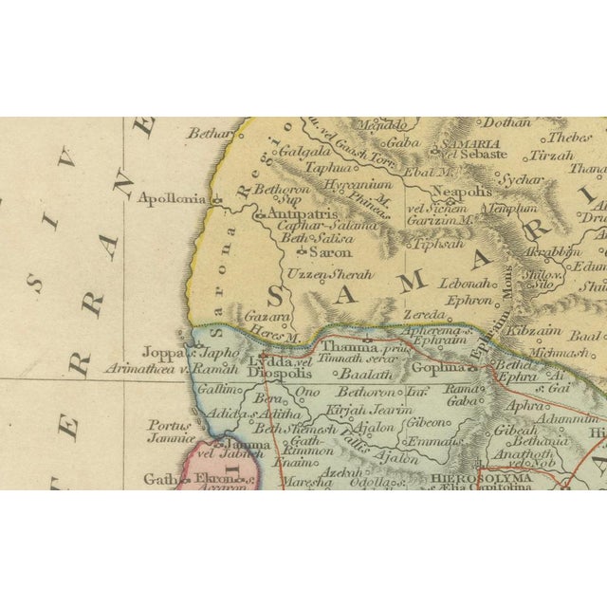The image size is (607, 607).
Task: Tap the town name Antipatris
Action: coord(296,215)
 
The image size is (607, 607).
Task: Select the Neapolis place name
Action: coord(464,191)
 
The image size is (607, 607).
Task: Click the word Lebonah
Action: coord(464,284)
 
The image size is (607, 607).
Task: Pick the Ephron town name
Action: coord(468,300)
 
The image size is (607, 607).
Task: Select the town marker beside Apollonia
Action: coord(217,200)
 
